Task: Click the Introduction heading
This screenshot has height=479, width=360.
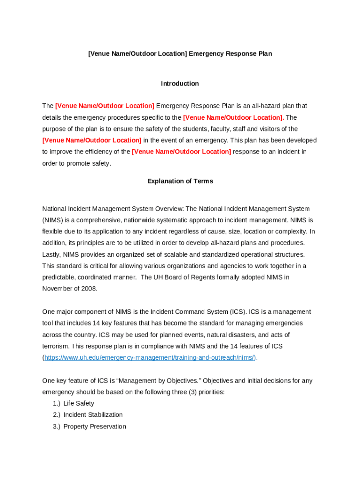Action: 180,84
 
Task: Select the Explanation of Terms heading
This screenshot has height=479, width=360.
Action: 180,181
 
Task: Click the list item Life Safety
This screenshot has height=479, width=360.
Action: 79,403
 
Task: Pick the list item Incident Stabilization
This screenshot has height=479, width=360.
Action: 93,415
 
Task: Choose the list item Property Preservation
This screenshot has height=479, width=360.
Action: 95,427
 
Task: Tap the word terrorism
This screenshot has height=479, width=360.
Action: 57,346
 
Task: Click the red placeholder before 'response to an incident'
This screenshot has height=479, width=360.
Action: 181,152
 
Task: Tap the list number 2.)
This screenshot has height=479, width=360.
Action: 57,415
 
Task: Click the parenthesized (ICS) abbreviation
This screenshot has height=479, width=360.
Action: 237,312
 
